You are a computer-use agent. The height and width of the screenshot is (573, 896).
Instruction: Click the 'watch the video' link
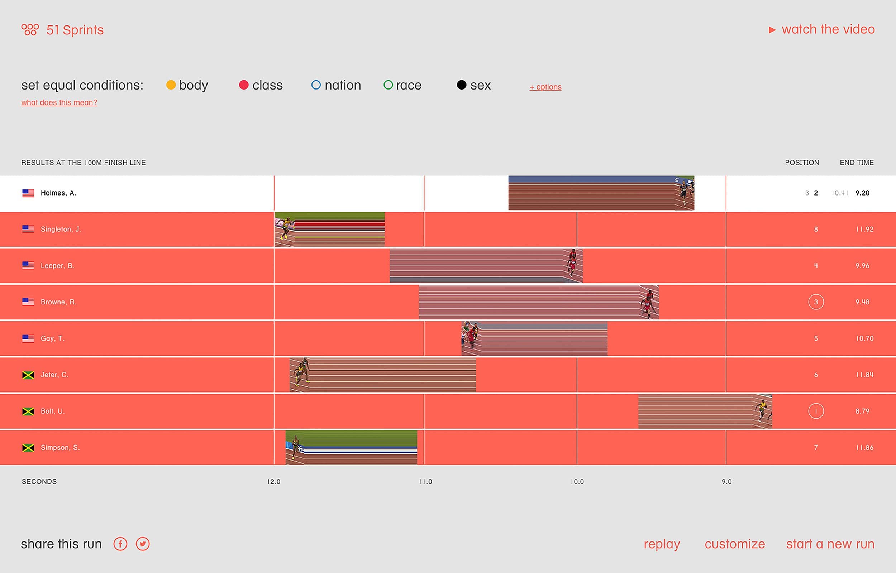click(828, 29)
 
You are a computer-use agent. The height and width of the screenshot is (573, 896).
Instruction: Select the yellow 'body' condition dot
click(171, 85)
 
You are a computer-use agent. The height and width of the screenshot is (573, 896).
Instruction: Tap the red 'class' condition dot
click(244, 85)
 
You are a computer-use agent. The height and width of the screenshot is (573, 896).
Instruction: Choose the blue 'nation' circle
click(316, 85)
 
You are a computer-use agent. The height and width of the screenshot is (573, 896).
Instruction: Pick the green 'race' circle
click(388, 85)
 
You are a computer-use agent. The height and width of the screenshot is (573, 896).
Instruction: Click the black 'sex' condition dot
click(462, 85)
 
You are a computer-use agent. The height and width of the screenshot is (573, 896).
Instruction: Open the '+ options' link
click(545, 87)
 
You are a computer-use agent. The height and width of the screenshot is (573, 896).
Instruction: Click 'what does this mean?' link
click(59, 102)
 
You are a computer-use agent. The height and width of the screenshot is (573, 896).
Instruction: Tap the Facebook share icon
click(120, 544)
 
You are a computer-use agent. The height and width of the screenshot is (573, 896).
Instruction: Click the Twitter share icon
click(143, 544)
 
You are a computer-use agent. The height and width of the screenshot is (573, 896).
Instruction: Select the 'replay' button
click(662, 544)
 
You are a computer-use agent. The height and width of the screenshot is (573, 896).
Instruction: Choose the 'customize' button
click(735, 544)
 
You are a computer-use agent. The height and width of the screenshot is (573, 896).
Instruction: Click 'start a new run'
click(830, 544)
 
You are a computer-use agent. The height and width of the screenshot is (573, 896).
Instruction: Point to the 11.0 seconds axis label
click(425, 482)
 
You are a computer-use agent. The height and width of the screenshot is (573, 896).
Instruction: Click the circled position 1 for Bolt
click(816, 411)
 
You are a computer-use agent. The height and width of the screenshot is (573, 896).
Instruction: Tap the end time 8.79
click(862, 411)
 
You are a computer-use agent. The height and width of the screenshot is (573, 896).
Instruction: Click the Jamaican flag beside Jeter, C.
click(28, 375)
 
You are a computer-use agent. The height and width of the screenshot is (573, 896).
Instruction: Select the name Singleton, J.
click(61, 229)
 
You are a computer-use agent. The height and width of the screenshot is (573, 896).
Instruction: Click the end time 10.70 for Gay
click(864, 338)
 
